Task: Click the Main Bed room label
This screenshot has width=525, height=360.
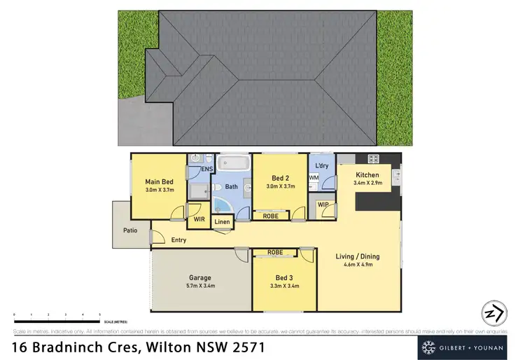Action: point(159,181)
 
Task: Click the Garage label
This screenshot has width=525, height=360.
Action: point(201,277)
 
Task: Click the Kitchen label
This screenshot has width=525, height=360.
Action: point(367,175)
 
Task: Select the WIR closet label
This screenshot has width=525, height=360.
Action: point(199,219)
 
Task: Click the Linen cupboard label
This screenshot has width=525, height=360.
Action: point(222,222)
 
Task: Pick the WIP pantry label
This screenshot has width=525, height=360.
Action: point(323,205)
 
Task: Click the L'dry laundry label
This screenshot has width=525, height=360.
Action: point(322,165)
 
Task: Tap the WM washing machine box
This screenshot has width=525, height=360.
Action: point(314,179)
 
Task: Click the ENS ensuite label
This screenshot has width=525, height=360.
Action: point(206,169)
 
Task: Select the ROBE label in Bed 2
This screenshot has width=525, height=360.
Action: point(269,216)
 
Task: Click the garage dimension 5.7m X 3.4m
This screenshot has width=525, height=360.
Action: point(201,286)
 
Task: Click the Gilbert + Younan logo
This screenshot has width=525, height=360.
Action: point(466,347)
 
